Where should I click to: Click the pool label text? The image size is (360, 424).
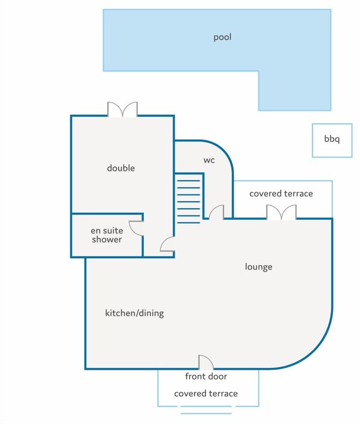(x=222, y=37)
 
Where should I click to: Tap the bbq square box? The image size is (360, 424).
(x=332, y=140)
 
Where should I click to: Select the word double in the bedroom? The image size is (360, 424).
(x=121, y=168)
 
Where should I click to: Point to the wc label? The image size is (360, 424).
(x=209, y=160)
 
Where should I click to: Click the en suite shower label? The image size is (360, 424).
(x=107, y=235)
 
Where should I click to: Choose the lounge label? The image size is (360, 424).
(x=258, y=266)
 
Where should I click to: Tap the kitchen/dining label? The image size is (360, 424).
(x=134, y=313)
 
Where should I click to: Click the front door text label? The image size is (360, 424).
(x=205, y=376)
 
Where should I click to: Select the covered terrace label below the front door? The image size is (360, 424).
(x=205, y=393)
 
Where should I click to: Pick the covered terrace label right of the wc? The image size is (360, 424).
(x=281, y=193)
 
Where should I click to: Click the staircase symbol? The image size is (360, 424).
(x=189, y=199)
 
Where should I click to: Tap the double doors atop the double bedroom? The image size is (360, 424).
(x=122, y=109)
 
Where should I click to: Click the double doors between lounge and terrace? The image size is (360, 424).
(x=282, y=212)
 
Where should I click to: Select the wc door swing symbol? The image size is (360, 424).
(x=217, y=212)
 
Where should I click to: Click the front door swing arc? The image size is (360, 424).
(x=206, y=362)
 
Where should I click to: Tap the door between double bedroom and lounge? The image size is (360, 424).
(x=168, y=244)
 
